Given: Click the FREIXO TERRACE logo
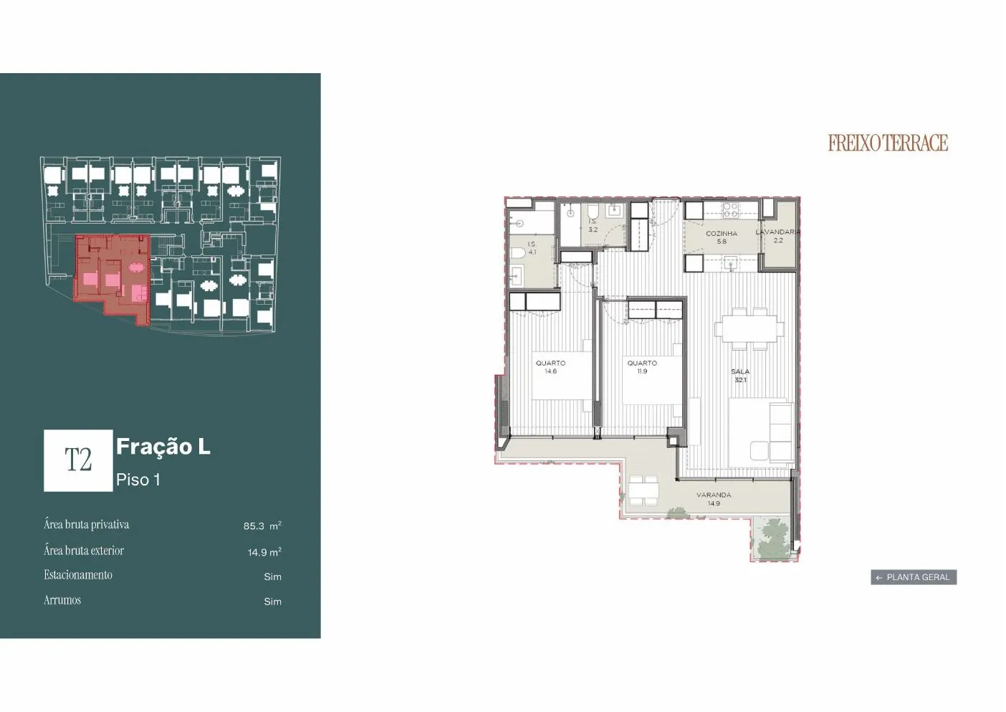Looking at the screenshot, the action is (888, 143).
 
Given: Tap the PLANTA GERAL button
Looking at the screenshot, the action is (914, 577).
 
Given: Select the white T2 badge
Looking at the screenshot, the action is (78, 460).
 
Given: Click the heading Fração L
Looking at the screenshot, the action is (163, 447).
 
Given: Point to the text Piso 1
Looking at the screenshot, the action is (138, 480).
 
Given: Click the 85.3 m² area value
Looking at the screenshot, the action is (262, 526).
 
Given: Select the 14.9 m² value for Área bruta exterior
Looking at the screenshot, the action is (264, 552).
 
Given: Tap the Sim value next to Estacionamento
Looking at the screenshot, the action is (272, 576).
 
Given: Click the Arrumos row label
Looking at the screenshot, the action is (62, 600).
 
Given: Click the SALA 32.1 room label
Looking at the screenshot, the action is (740, 375).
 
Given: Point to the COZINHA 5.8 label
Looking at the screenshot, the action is (722, 237).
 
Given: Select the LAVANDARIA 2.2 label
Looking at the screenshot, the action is (778, 236).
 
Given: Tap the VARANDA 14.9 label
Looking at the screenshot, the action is (714, 499).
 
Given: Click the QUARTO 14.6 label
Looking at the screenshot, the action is (550, 367).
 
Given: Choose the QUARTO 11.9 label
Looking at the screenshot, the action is (642, 367).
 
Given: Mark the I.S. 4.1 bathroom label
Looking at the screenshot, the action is (532, 247).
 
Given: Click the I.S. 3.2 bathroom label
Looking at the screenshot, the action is (593, 225).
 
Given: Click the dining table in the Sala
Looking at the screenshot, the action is (749, 328).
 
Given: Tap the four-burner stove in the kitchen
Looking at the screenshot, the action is (731, 210).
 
